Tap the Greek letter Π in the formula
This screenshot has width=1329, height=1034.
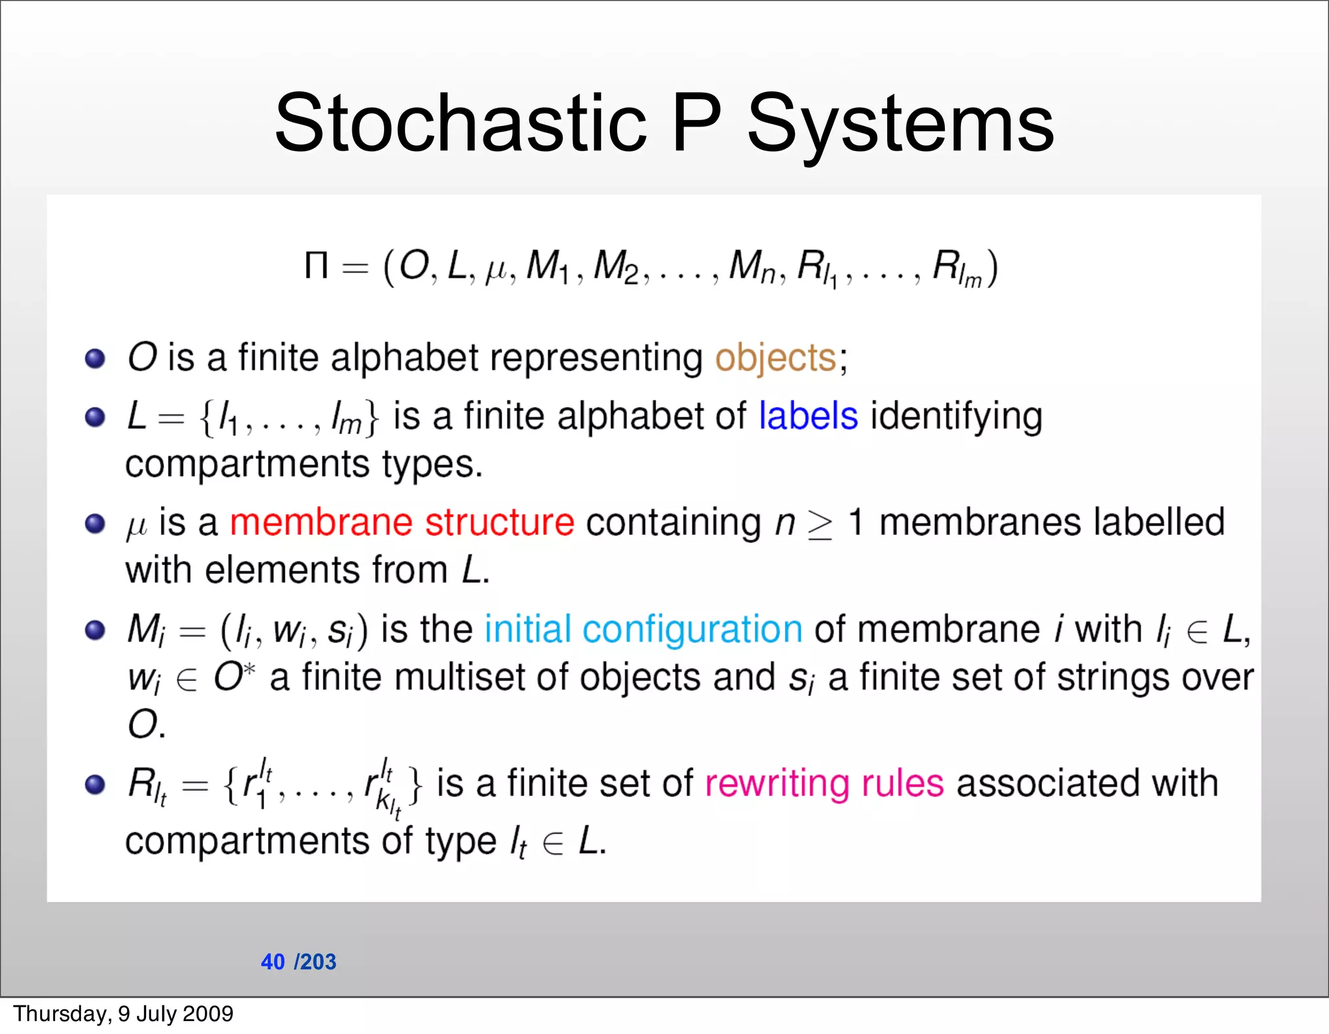(316, 265)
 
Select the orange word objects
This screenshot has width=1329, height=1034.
(775, 358)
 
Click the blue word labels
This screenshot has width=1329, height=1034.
(808, 416)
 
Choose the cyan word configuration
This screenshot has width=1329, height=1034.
(692, 630)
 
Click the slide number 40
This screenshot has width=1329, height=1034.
(273, 961)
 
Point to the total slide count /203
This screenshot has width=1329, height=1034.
(315, 961)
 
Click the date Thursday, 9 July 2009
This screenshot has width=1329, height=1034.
(123, 1014)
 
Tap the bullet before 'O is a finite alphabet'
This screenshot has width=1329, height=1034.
(95, 358)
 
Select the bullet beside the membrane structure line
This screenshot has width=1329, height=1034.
(95, 523)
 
